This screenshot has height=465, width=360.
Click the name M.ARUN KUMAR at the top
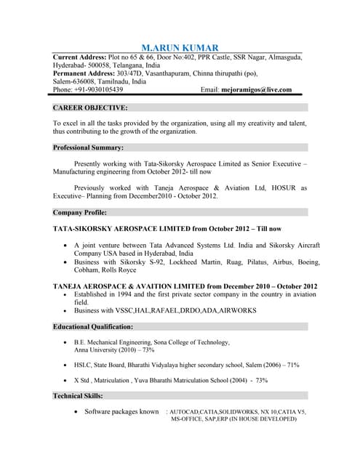click(180, 46)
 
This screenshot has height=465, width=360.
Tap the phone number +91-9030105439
click(97, 90)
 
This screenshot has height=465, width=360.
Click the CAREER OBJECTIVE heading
click(91, 108)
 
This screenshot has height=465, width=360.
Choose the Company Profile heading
click(81, 213)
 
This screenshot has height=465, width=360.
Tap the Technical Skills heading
click(79, 396)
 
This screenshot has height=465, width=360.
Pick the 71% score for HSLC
click(292, 365)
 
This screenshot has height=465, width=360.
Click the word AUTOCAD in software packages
click(188, 412)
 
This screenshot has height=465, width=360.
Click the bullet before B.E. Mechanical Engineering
click(66, 341)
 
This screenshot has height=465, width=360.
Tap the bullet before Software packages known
click(76, 411)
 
